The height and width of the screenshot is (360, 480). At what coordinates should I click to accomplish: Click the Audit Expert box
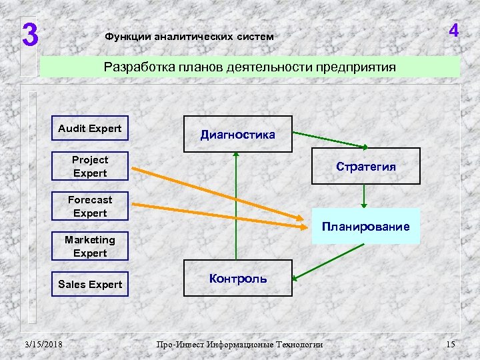(89, 129)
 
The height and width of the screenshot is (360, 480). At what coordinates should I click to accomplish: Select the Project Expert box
(89, 167)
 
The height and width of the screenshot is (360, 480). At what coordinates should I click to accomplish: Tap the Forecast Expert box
(89, 207)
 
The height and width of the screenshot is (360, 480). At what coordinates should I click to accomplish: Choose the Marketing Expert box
(89, 247)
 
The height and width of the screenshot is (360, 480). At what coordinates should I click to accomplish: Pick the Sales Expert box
(89, 284)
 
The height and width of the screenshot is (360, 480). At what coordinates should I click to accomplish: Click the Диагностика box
(237, 135)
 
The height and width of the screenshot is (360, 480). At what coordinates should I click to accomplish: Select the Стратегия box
(365, 167)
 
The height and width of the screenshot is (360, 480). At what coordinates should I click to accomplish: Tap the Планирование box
(365, 227)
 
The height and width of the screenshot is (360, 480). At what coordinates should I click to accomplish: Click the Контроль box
(237, 279)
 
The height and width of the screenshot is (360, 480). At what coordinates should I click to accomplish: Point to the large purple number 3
(29, 35)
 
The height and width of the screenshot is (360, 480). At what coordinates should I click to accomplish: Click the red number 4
(453, 31)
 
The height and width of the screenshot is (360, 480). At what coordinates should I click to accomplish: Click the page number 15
(450, 344)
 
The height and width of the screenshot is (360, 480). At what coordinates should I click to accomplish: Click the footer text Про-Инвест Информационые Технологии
(239, 344)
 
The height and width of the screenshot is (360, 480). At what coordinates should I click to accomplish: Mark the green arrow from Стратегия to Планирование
(363, 195)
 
